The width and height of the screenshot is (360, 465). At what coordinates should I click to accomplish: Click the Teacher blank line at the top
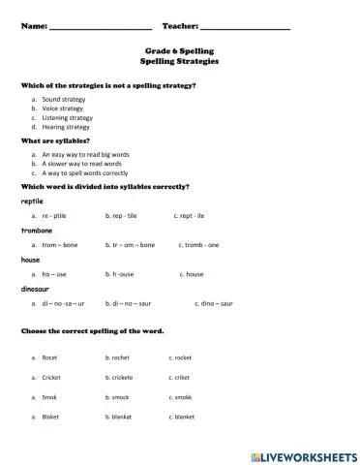coord(246,26)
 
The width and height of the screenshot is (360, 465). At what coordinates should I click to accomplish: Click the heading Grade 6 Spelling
coord(179,49)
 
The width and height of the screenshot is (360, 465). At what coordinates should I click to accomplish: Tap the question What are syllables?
coord(59,140)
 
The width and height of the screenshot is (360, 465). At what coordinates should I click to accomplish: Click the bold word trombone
coord(37,231)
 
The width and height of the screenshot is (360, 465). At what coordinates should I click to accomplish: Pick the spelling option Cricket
coord(51,377)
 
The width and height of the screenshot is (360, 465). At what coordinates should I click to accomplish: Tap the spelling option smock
coord(119,397)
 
